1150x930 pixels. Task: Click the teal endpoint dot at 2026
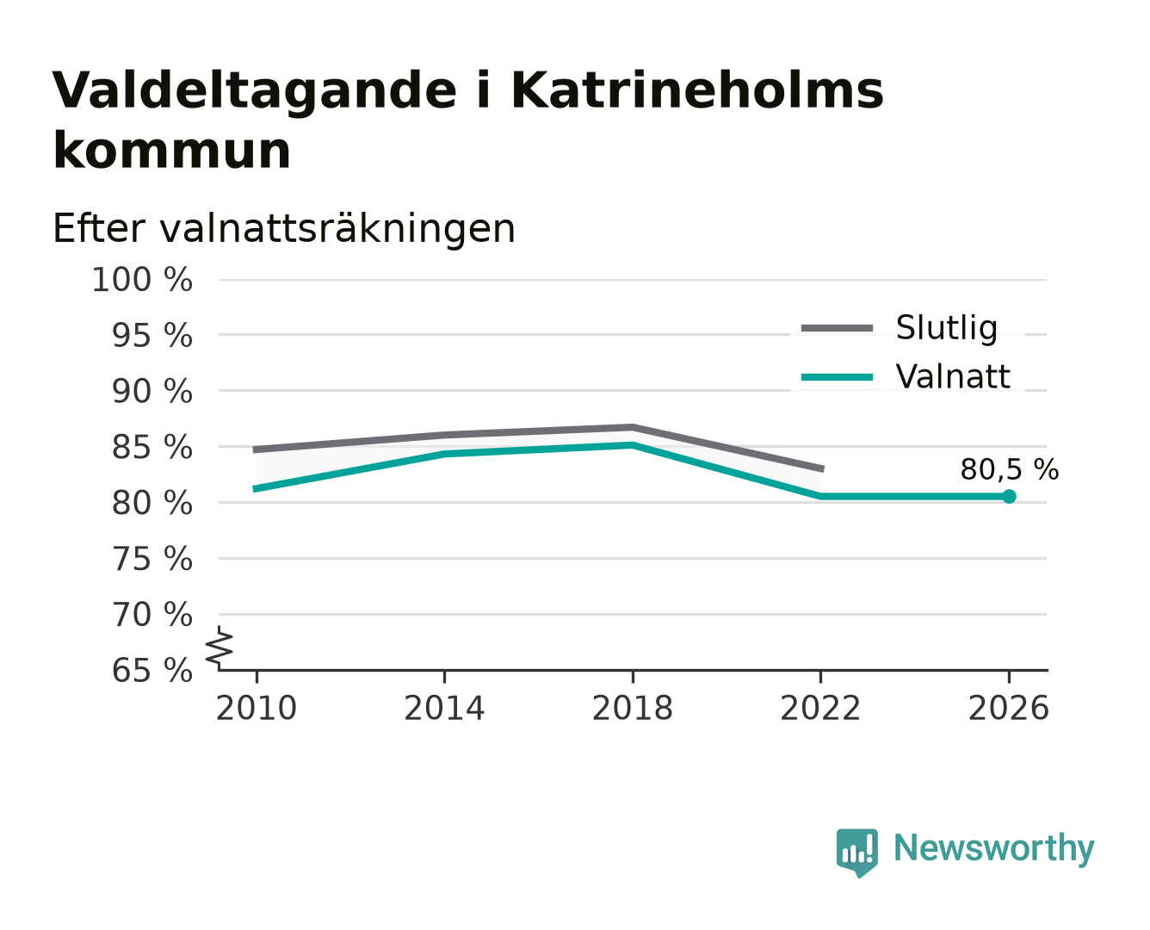point(1009,496)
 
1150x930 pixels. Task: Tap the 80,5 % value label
point(1009,469)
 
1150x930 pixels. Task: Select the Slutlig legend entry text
point(947,327)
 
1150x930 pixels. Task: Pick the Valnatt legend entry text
point(953,376)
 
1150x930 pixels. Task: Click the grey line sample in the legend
point(837,328)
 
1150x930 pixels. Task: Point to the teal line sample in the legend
point(837,377)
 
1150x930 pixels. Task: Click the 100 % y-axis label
point(142,280)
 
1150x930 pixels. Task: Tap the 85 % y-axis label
point(152,447)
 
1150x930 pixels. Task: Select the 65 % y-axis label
point(152,670)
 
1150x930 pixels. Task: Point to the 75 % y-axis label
point(152,559)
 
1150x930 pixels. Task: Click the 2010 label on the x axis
point(257,708)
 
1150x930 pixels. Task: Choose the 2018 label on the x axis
point(632,708)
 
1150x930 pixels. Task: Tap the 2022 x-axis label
point(820,708)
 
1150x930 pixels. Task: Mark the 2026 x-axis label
point(1008,708)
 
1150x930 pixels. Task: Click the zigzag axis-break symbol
point(219,647)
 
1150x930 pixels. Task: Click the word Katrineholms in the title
point(697,90)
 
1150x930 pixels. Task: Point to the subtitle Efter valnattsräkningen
point(284,228)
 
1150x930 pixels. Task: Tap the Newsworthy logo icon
point(857,852)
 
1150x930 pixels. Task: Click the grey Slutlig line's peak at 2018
point(632,427)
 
